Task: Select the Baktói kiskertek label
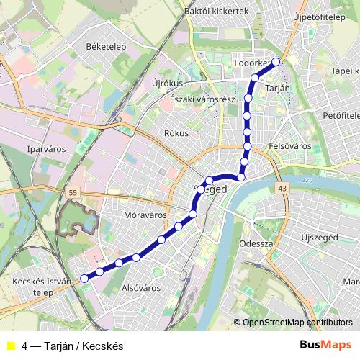(216, 11)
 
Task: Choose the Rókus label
(176, 133)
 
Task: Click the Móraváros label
(145, 215)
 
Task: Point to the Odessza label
(256, 243)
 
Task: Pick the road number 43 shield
(281, 188)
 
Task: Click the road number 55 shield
(73, 193)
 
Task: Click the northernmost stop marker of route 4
(275, 61)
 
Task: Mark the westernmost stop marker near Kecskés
(84, 278)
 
